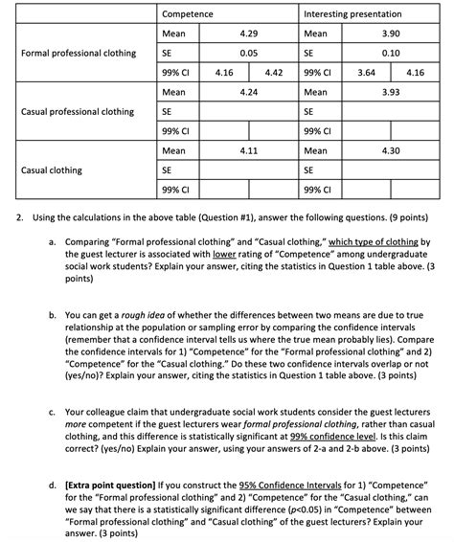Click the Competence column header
[188, 14]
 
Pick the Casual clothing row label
[52, 169]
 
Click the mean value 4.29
[248, 34]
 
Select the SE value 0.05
[248, 53]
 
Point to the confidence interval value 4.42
[272, 72]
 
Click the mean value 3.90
[390, 34]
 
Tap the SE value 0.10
[390, 53]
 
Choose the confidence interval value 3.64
[366, 72]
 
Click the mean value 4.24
[248, 92]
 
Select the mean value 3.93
[390, 92]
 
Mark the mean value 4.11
[248, 150]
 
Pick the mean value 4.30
[390, 150]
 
